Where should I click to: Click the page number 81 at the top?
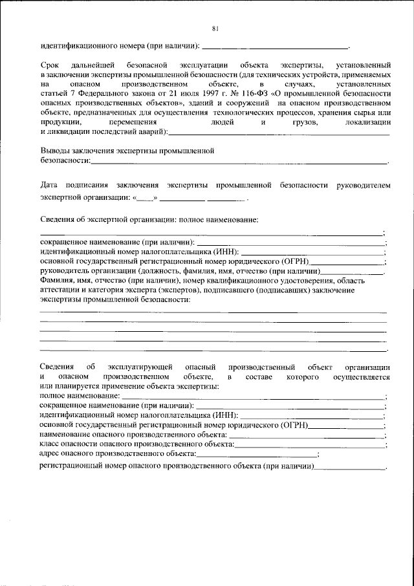pos(215,28)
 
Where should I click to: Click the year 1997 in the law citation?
pos(193,93)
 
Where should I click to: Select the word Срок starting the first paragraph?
pos(50,66)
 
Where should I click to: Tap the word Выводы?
pos(55,150)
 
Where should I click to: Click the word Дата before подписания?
pos(50,185)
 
